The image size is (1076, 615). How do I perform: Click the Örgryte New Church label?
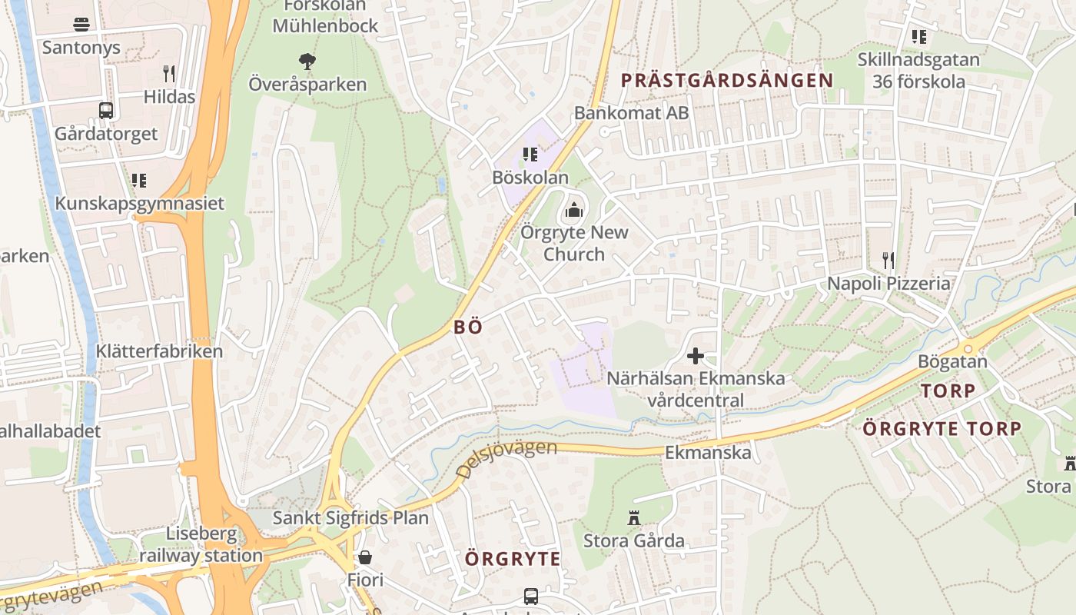point(574,243)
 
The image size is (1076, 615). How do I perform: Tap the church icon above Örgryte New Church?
point(574,209)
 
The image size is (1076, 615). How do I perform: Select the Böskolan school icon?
point(530,155)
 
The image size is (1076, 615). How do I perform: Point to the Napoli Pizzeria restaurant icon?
point(888,260)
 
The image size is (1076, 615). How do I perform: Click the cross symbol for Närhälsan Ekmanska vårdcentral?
point(696,355)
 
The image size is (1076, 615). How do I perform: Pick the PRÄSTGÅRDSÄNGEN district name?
point(726,80)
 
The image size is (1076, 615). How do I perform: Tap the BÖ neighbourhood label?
point(468,327)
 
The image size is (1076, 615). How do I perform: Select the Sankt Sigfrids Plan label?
point(350,517)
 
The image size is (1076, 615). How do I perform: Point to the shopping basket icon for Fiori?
point(365,557)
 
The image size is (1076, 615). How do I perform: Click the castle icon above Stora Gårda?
point(634,518)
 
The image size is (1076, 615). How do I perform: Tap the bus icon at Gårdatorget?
point(106,110)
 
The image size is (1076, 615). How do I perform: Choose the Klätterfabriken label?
point(159,351)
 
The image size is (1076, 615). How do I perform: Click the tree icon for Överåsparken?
point(307,61)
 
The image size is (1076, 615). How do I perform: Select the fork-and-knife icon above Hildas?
point(169,74)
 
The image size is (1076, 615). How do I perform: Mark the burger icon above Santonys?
point(81,24)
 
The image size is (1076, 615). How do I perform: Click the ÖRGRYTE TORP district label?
point(941,428)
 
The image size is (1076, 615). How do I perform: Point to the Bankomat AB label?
point(631,112)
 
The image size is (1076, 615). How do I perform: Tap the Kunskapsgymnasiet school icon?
point(139,181)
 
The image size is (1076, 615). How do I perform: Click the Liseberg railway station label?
point(201,544)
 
